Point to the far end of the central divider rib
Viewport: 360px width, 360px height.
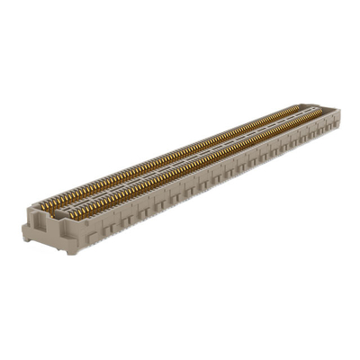point(315,111)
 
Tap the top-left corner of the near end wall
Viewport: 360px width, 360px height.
point(25,213)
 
